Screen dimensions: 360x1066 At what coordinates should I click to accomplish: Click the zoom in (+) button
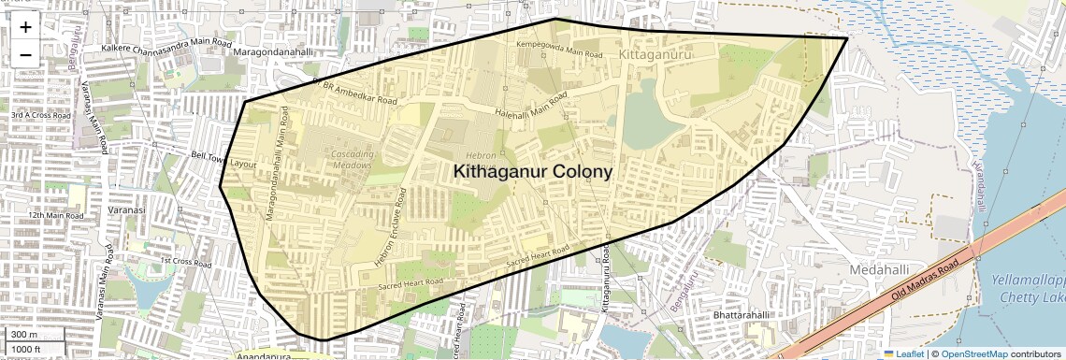[25, 27]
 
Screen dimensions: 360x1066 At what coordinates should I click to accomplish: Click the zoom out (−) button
[25, 55]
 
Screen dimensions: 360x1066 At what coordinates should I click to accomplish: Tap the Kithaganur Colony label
[533, 172]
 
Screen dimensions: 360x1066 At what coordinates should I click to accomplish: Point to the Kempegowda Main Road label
[559, 50]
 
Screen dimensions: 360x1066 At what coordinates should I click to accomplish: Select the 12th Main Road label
[55, 215]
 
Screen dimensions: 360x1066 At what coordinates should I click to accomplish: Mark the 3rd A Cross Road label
[40, 115]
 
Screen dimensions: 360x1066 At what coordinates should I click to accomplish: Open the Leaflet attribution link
[903, 353]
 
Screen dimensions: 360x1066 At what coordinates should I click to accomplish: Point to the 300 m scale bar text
[25, 335]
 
